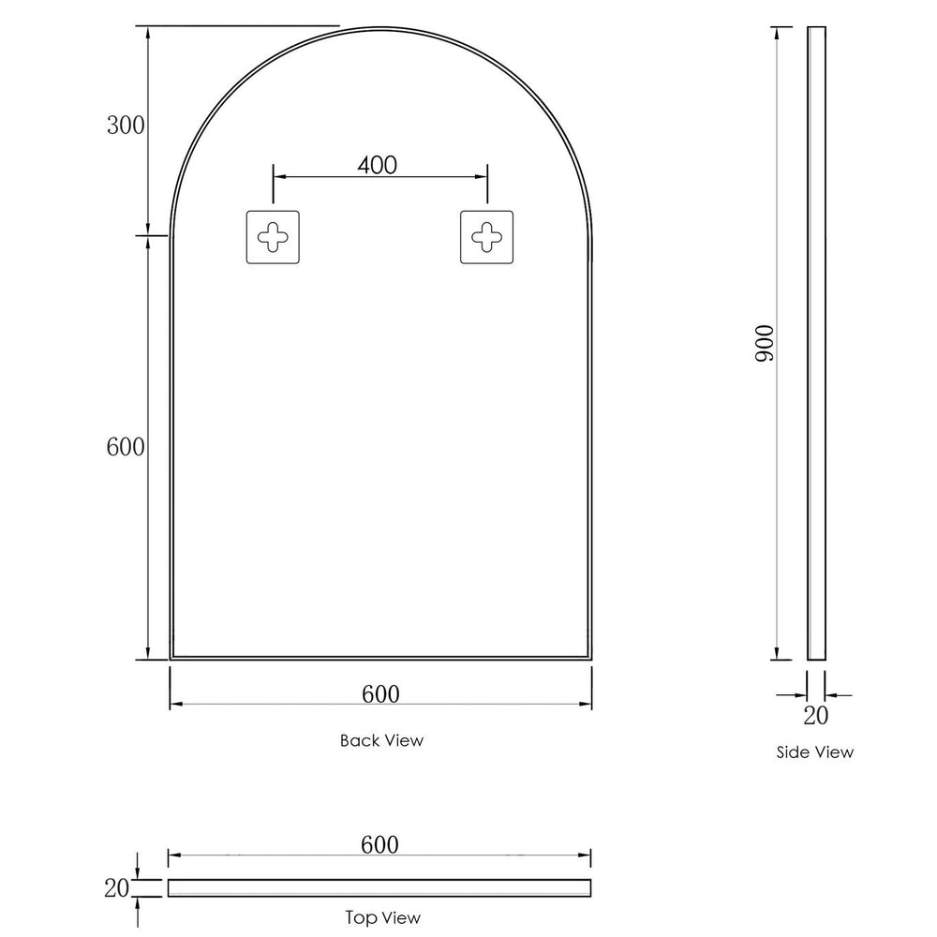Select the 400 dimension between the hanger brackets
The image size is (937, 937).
[378, 166]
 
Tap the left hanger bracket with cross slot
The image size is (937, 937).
[273, 237]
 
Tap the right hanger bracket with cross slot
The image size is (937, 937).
[487, 237]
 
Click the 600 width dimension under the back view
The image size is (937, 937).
[379, 693]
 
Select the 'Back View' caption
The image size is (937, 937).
[381, 740]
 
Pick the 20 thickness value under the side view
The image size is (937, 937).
[815, 716]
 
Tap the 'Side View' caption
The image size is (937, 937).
[815, 751]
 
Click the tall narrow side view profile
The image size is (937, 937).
[816, 343]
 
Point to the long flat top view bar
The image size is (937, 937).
[379, 887]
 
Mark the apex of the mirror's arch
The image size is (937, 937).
[379, 28]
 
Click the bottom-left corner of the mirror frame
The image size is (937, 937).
[171, 659]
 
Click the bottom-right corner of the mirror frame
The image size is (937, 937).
[589, 659]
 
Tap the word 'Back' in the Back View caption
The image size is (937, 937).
[358, 740]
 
